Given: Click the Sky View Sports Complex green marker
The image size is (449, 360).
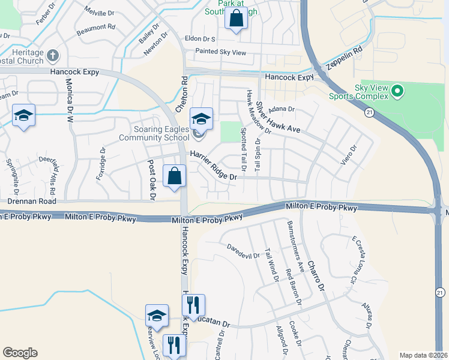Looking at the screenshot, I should point(396,92).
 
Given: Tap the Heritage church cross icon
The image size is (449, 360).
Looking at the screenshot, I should point(53,56).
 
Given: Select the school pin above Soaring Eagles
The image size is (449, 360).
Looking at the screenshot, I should point(202,119).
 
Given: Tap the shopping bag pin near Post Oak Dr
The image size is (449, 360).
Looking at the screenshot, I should point(174,176).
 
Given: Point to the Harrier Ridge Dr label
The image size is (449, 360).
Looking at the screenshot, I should point(214,165).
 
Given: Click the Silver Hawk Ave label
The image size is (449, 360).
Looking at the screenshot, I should point(278,118).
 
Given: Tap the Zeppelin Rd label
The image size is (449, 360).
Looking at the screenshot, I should point(346,58).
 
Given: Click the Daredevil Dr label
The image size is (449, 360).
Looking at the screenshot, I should point(244,251).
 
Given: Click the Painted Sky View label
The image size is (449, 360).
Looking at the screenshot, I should point(220,53).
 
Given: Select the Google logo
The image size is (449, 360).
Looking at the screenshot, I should point(20,353).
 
